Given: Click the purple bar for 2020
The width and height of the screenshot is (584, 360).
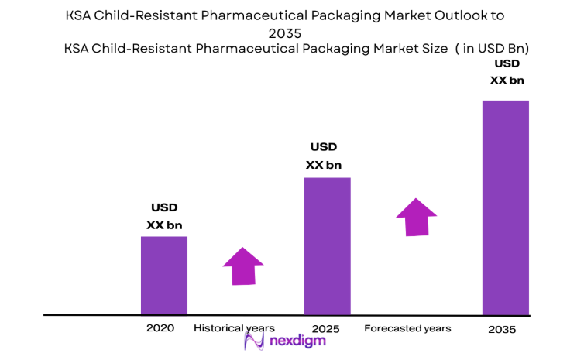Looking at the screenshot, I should [x=163, y=275].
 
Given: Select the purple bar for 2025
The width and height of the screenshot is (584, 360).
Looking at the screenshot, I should [x=327, y=245].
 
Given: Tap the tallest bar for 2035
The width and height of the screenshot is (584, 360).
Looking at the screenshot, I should [x=505, y=207].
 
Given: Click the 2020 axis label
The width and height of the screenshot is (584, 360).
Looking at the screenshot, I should [x=160, y=328].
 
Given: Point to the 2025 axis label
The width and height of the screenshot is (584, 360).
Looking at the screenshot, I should [x=326, y=329].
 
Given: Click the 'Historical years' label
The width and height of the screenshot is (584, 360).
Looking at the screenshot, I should [x=234, y=328].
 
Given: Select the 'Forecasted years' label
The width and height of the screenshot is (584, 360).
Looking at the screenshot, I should [x=407, y=329].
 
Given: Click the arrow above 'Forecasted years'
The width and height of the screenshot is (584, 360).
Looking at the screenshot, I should [x=417, y=218].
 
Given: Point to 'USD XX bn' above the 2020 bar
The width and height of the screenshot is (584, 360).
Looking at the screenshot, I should [x=164, y=216].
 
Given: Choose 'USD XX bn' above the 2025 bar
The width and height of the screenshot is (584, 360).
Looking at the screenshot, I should [x=324, y=156].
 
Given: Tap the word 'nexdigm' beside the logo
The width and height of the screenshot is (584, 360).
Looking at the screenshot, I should [x=297, y=341].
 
